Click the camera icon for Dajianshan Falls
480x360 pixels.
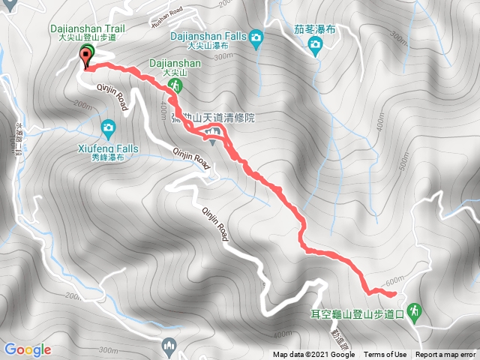pos(256,37)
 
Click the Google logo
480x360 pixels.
pos(27,349)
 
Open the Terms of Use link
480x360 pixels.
pos(385,355)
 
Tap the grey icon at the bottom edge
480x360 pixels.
pos(169,346)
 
